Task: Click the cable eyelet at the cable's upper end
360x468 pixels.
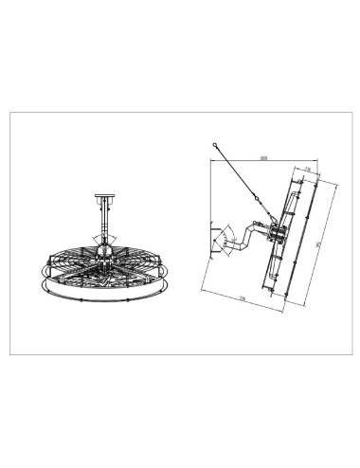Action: [216, 145]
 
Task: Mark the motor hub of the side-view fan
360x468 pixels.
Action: [277, 234]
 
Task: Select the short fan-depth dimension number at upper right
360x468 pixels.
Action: [310, 170]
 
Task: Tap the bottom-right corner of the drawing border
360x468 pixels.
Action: [350, 353]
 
